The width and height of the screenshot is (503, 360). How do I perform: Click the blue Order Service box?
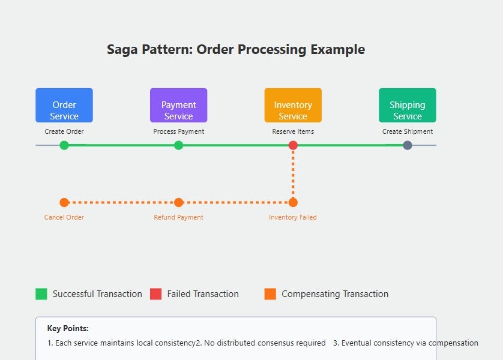[x=64, y=106]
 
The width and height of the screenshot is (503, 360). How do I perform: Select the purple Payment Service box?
[x=178, y=106]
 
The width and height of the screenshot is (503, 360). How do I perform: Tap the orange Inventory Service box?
[x=293, y=106]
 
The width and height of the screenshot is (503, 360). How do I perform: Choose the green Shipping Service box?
[x=407, y=106]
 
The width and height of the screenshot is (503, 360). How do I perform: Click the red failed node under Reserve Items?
[x=293, y=145]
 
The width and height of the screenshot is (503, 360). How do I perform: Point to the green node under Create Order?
[x=64, y=145]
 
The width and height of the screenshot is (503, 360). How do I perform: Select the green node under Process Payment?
[x=178, y=145]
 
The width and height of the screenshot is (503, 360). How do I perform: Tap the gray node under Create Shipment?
[x=408, y=145]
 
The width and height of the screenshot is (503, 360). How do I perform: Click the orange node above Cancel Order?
[x=64, y=202]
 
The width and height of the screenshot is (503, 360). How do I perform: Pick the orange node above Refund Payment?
[x=178, y=202]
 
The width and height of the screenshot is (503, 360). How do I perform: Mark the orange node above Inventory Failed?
[x=293, y=202]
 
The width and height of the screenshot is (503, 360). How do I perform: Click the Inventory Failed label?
[x=293, y=217]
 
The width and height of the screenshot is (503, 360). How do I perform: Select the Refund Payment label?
[x=178, y=217]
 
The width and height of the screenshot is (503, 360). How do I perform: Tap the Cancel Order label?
[x=64, y=217]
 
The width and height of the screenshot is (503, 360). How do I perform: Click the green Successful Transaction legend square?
[x=41, y=294]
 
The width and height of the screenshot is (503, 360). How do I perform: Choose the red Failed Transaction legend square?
[x=155, y=294]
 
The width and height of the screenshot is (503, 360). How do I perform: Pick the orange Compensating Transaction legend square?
[x=270, y=294]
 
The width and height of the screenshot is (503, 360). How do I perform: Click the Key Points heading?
[x=68, y=329]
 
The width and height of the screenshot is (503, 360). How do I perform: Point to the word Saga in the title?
[x=122, y=49]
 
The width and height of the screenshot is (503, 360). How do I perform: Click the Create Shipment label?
[x=408, y=131]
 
